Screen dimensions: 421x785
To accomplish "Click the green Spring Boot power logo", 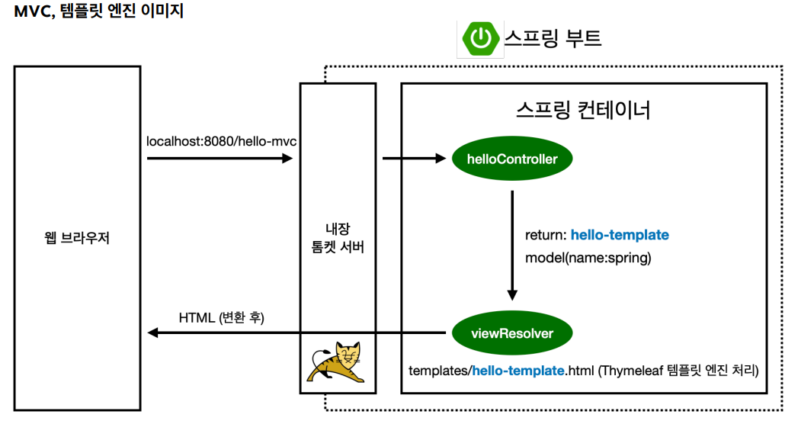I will [480, 39].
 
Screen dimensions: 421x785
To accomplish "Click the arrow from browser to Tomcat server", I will [219, 159].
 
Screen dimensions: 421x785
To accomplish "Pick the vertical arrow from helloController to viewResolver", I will [512, 245].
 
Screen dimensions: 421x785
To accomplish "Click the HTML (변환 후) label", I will [221, 317].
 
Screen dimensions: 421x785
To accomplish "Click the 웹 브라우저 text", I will [77, 238].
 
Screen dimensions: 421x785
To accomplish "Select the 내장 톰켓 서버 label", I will [337, 238].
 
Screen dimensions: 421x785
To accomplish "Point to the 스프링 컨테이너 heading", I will [583, 111].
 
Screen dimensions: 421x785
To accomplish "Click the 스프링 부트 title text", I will [553, 38].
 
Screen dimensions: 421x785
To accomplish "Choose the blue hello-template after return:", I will [620, 235].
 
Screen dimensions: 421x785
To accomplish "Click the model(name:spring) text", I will [588, 258].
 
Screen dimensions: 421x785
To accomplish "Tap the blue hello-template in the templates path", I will [518, 371].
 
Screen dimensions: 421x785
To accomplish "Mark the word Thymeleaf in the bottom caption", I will [636, 371].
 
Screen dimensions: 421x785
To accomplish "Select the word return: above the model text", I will [546, 235].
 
